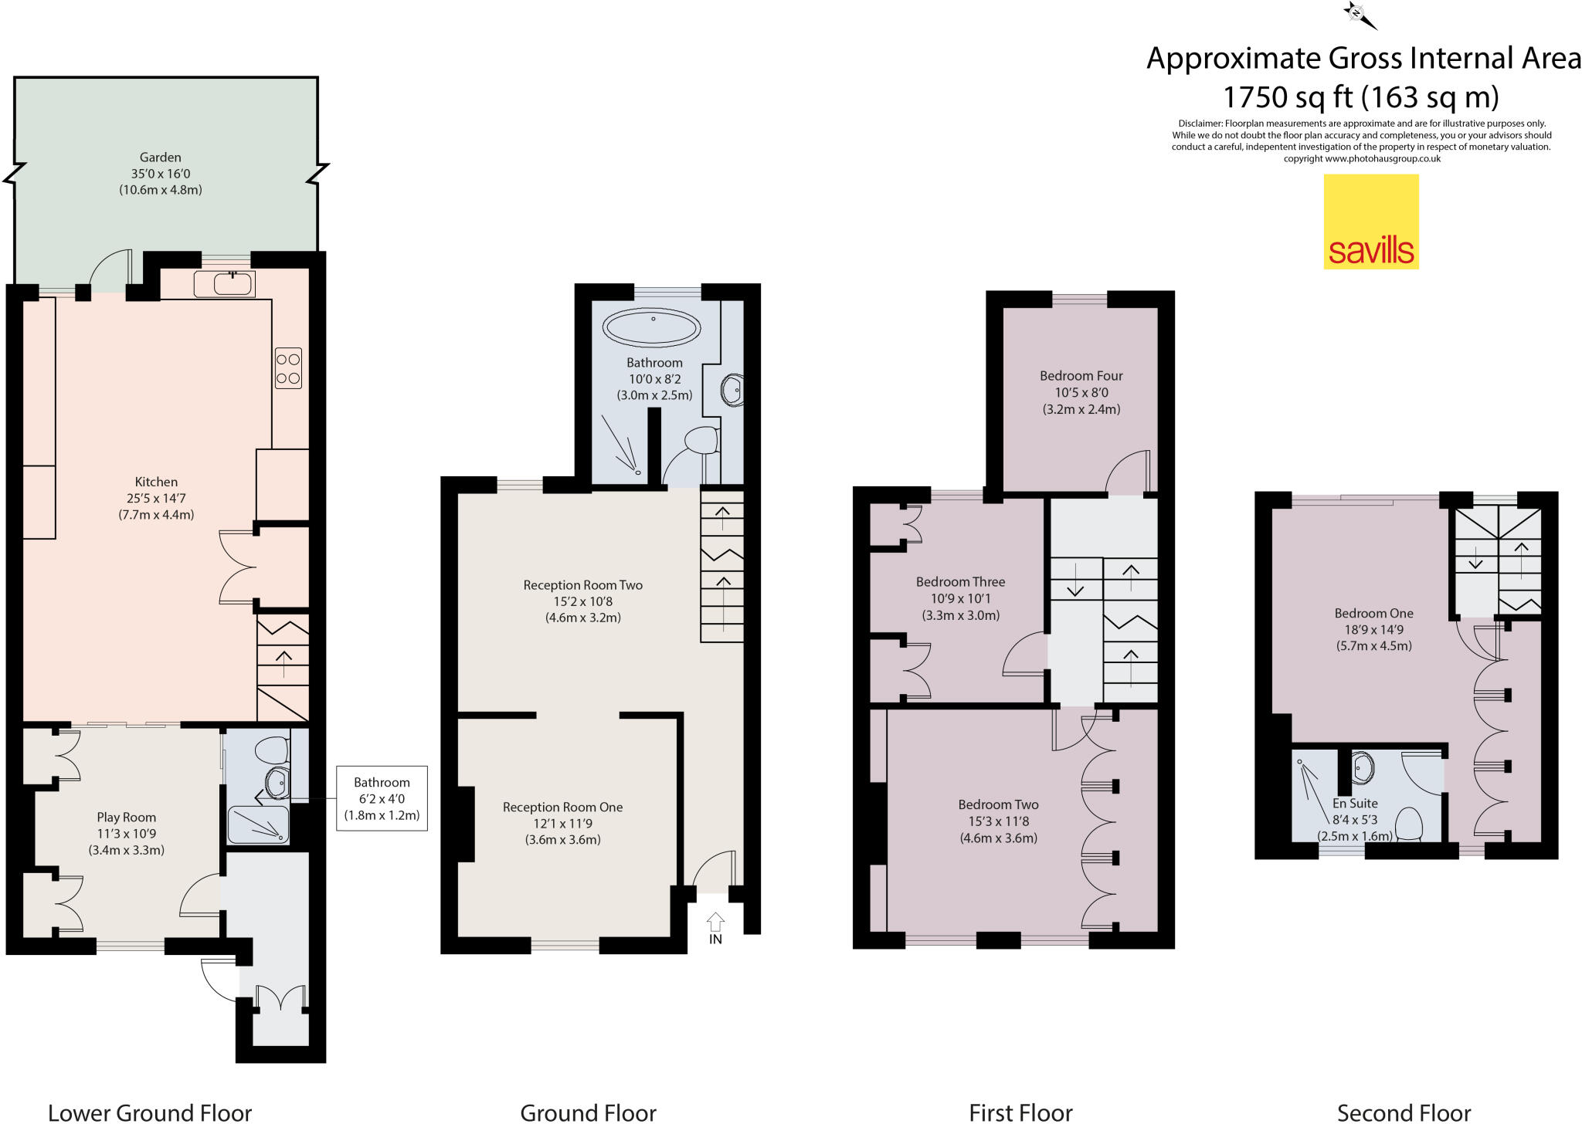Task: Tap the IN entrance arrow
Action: [x=715, y=922]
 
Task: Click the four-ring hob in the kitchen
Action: [x=288, y=368]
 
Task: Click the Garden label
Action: [x=160, y=157]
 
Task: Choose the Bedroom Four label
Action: [x=1081, y=376]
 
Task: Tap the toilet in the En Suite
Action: [x=1410, y=824]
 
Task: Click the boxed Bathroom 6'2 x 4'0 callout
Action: [x=382, y=798]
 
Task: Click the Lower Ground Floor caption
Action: [x=150, y=1112]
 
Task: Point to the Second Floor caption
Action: [x=1404, y=1112]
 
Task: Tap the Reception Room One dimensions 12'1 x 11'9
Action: [x=562, y=823]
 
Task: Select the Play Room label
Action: [x=126, y=817]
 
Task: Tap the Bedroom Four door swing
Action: [x=1128, y=473]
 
